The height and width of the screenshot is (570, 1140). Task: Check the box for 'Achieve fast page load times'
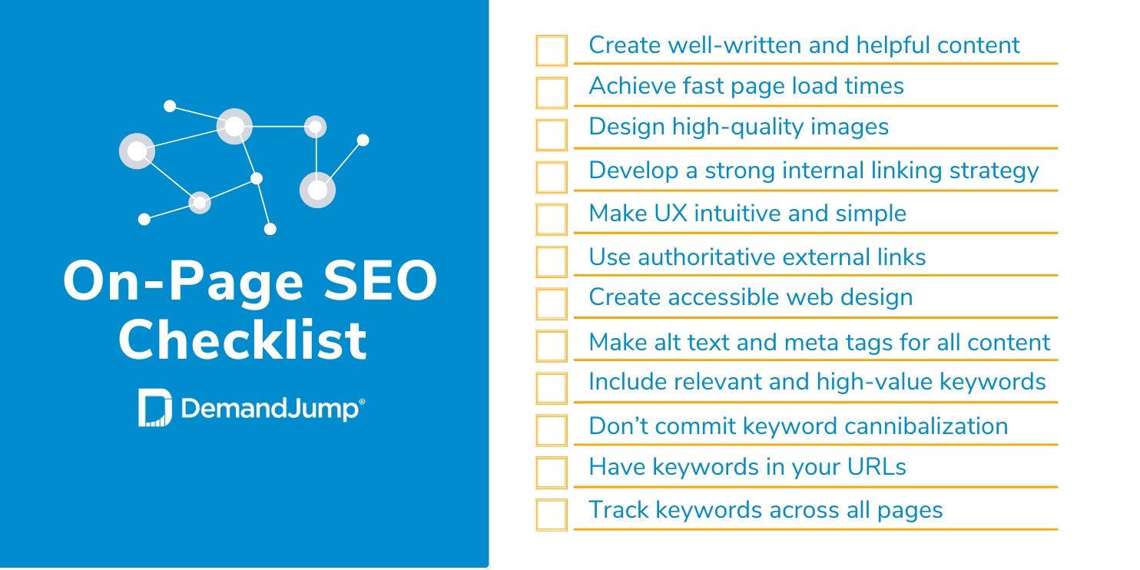click(552, 93)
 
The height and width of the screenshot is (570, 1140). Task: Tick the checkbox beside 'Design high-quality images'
click(552, 135)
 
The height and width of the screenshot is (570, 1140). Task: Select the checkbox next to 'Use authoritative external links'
click(552, 262)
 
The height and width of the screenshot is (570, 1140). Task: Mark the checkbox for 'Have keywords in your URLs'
click(552, 472)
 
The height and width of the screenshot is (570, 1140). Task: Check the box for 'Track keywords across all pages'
click(552, 515)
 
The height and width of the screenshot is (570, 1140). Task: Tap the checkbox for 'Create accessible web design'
click(552, 304)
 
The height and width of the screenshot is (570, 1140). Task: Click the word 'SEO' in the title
click(380, 280)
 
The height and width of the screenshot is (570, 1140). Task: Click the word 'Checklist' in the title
click(242, 340)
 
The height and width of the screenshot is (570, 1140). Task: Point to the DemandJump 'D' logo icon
click(154, 407)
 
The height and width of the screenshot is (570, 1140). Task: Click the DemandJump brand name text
click(270, 409)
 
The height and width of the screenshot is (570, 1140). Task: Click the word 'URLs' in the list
click(877, 467)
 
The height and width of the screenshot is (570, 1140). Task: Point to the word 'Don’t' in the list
click(618, 426)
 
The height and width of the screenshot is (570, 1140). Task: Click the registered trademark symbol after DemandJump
click(362, 402)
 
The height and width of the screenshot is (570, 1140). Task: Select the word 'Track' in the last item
click(618, 509)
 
